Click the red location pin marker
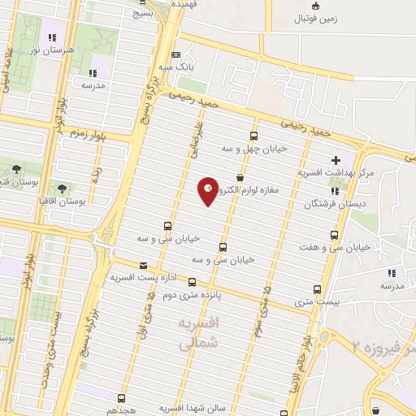tap(209, 191)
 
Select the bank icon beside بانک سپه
tap(176, 55)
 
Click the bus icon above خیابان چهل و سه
tap(254, 136)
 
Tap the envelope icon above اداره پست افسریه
tap(144, 266)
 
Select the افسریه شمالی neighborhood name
tap(197, 333)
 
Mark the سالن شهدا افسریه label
tap(186, 407)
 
